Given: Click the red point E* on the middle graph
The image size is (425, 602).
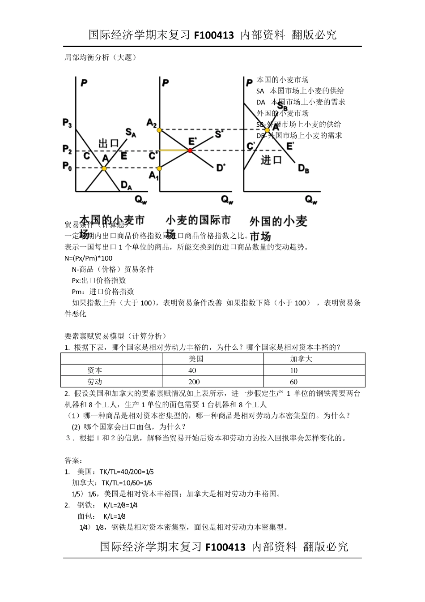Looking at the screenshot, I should (190, 150).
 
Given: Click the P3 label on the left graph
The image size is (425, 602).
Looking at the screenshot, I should (67, 124).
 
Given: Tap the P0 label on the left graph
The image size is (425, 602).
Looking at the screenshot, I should (67, 166).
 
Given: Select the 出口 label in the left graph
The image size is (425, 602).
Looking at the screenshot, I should (109, 143).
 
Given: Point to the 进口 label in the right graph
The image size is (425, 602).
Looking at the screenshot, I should (271, 160).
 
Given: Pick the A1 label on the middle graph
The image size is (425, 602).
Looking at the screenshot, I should (153, 176).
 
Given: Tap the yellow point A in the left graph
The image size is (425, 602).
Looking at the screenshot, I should (104, 168).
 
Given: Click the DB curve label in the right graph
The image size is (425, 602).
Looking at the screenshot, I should (304, 168).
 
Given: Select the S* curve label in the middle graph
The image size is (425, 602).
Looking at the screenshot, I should (219, 133).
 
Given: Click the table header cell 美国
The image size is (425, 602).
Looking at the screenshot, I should (196, 359).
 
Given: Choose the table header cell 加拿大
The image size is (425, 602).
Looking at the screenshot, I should (301, 359).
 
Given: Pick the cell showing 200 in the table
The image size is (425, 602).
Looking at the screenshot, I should (194, 382).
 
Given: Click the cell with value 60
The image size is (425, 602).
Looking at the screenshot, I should (294, 382).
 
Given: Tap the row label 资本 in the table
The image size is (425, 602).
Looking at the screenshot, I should (95, 370).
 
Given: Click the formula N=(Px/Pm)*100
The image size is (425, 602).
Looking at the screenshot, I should (89, 258).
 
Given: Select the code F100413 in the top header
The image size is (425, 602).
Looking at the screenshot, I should (214, 35).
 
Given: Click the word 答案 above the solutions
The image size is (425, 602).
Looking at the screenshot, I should (73, 460).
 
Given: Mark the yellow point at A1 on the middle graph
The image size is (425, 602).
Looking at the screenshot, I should (160, 168).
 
